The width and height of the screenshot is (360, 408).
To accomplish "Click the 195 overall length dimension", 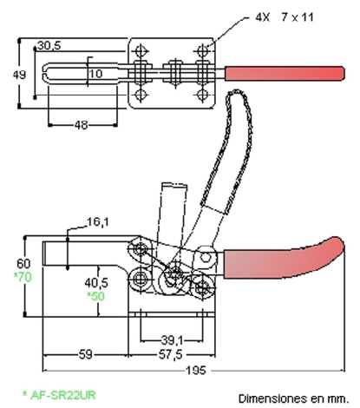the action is click(x=195, y=370).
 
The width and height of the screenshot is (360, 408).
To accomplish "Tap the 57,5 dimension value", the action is click(x=171, y=354).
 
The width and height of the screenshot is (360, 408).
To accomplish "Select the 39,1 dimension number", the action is click(x=172, y=340).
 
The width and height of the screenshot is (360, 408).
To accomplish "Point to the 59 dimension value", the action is click(x=85, y=354).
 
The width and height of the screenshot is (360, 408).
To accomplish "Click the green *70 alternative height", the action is click(x=23, y=277).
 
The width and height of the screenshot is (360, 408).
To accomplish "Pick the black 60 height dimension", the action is click(x=23, y=264).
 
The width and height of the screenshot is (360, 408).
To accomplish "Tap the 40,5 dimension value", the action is click(x=96, y=282).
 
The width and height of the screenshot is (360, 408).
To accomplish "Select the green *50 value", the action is click(x=96, y=296).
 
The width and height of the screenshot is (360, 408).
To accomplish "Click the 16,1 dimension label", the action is click(x=98, y=222).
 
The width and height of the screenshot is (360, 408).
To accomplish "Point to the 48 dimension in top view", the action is click(x=81, y=125).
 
